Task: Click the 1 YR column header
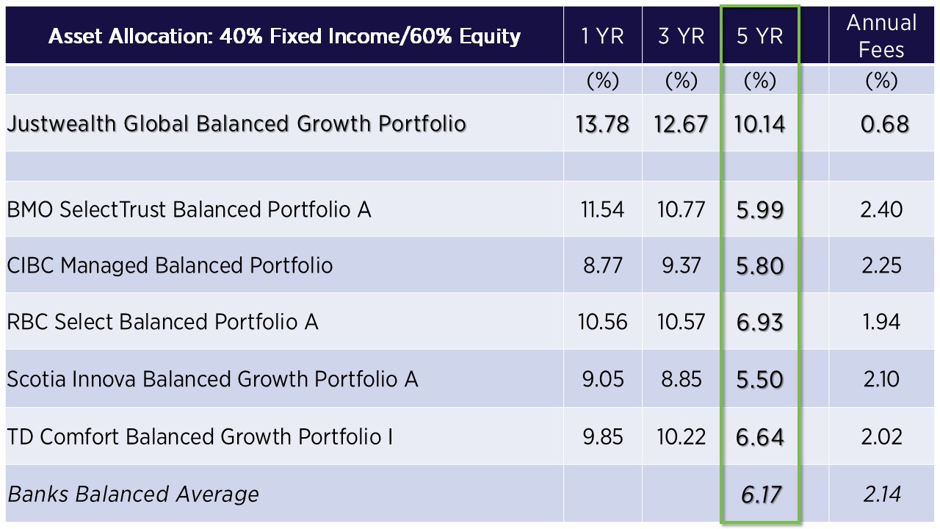(x=602, y=36)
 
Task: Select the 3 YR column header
(x=681, y=36)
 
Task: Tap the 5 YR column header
(x=759, y=36)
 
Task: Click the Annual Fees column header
(x=881, y=36)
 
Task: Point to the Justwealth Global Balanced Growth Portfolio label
(x=236, y=124)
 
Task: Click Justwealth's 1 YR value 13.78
(x=602, y=124)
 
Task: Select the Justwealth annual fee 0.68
(x=885, y=124)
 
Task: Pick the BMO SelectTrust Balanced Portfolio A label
(x=189, y=209)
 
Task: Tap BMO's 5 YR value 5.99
(x=760, y=210)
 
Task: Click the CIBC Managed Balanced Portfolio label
(x=170, y=265)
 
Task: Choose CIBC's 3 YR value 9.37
(x=681, y=266)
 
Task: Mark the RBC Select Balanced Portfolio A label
(x=162, y=322)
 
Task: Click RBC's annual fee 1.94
(x=881, y=323)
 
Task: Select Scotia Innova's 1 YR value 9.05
(x=603, y=380)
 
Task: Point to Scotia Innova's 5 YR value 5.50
(x=760, y=380)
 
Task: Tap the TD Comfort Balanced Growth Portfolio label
(x=200, y=436)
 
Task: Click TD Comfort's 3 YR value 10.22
(x=681, y=437)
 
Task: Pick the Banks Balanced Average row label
(x=133, y=494)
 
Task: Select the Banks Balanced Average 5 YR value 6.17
(x=761, y=494)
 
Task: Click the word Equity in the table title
(x=490, y=37)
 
